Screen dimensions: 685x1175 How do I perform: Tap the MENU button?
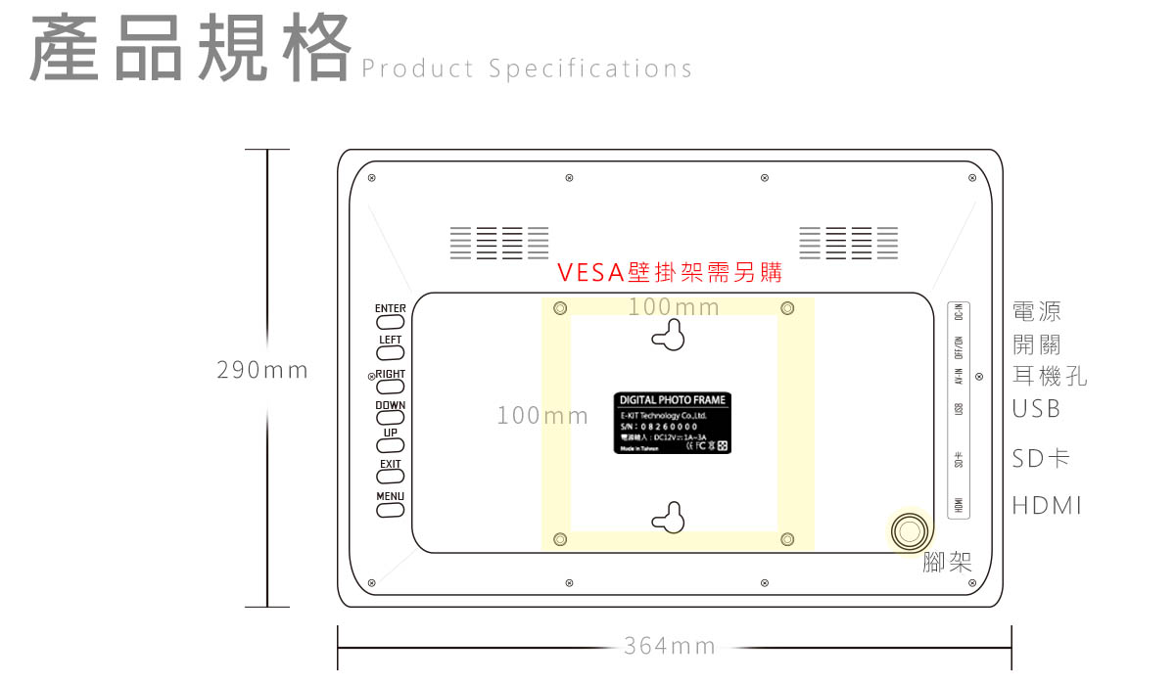tap(390, 510)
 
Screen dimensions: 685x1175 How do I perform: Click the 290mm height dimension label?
tap(262, 371)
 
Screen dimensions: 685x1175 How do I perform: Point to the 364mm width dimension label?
tap(670, 646)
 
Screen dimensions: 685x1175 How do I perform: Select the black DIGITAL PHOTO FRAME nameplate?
tap(673, 423)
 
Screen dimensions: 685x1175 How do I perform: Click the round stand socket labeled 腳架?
tap(910, 530)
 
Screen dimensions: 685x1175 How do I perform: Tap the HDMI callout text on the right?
tap(1047, 506)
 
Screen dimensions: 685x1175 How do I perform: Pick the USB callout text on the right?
tap(1036, 409)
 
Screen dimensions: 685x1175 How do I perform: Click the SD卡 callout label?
tap(1041, 458)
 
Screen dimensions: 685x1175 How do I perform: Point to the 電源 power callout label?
tap(1036, 312)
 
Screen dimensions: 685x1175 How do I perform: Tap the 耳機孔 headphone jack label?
tap(1049, 377)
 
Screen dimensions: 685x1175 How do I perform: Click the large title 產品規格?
tap(191, 49)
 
